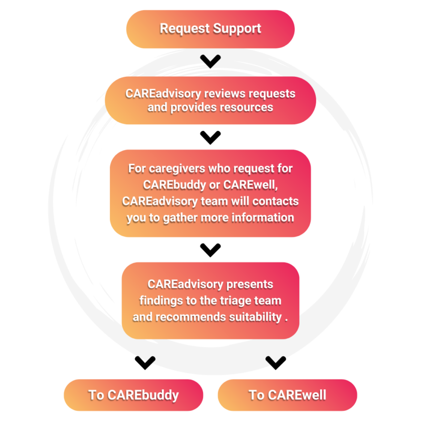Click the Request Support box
tap(210, 28)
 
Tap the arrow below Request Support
tap(210, 62)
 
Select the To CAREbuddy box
tap(133, 395)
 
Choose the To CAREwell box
tap(287, 395)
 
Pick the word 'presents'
tap(249, 284)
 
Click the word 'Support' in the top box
tap(236, 28)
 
